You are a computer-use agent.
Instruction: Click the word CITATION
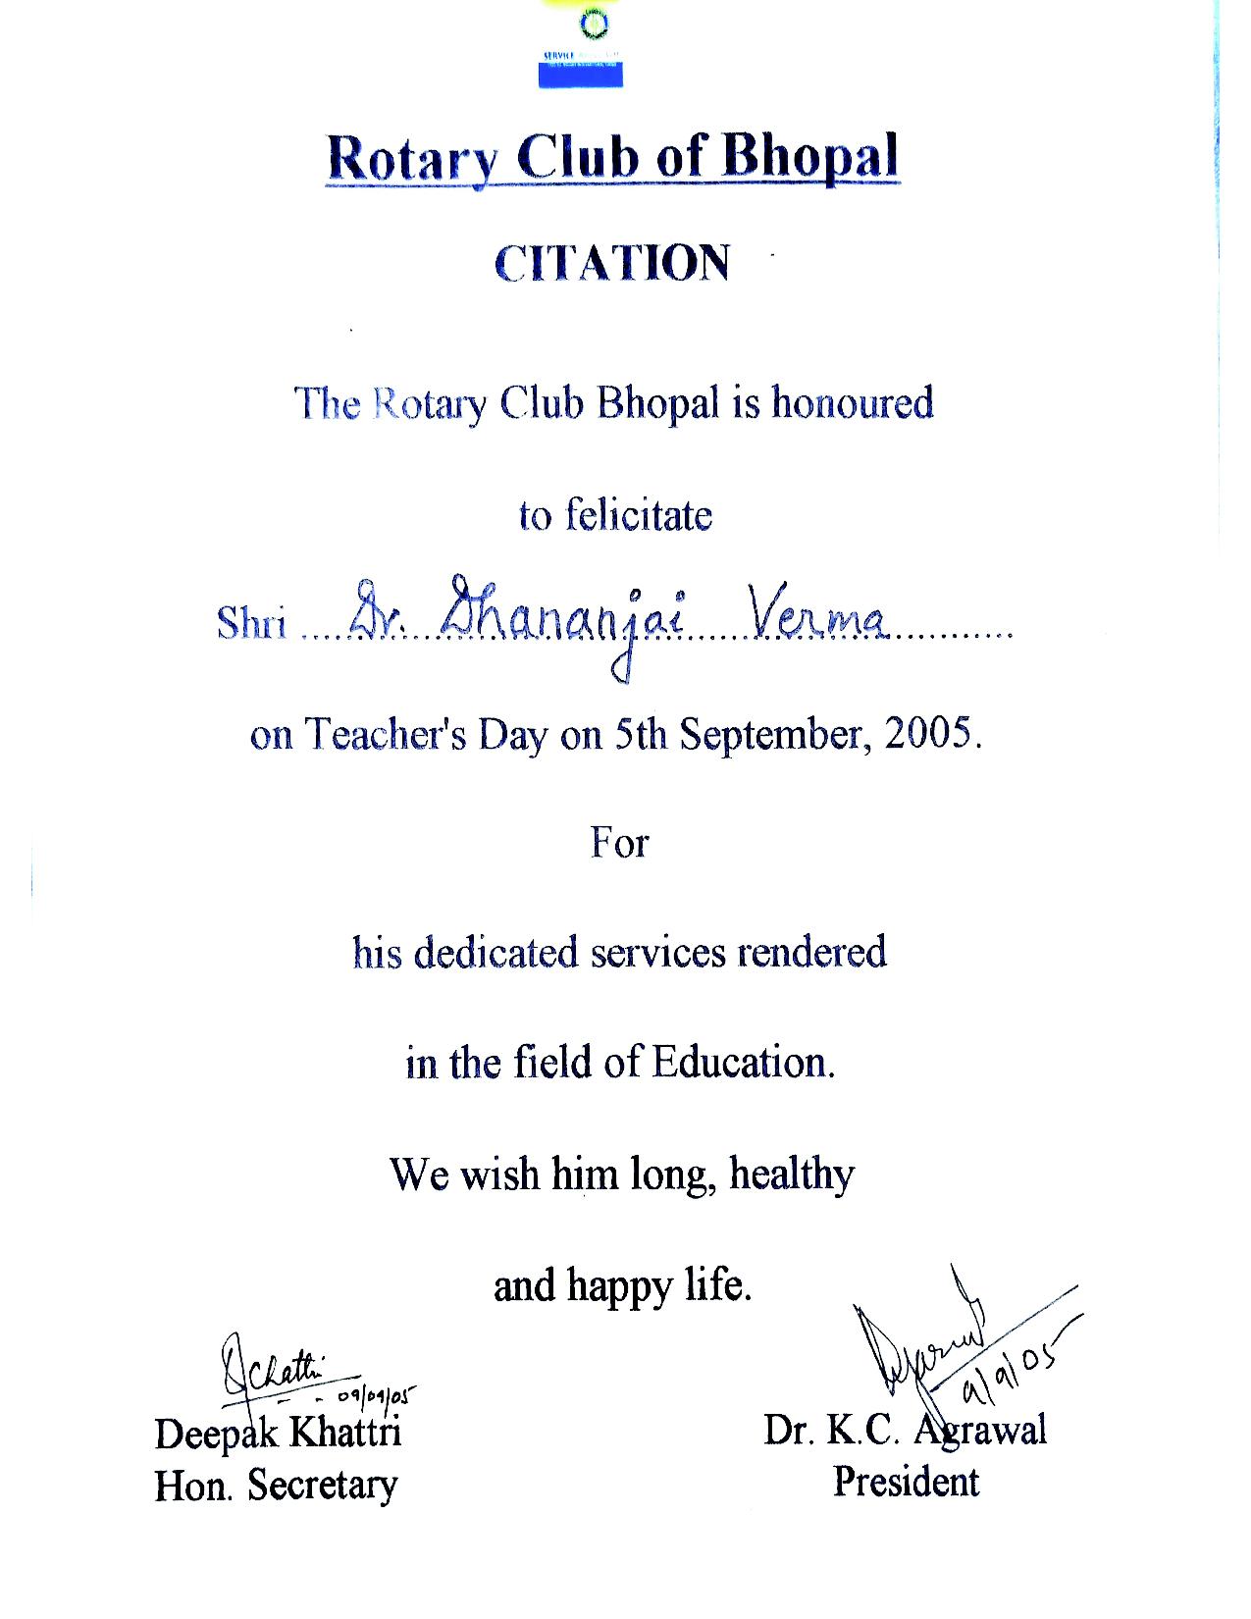click(612, 263)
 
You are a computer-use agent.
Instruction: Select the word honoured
click(852, 402)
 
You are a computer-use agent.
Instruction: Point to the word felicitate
click(639, 515)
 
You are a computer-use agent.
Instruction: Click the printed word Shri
click(252, 622)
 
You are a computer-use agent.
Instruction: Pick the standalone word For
click(619, 842)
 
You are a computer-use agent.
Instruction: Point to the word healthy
click(791, 1175)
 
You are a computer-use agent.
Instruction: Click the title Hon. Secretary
click(276, 1485)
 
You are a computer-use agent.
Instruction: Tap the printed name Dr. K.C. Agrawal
click(905, 1431)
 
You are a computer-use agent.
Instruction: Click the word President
click(906, 1481)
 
